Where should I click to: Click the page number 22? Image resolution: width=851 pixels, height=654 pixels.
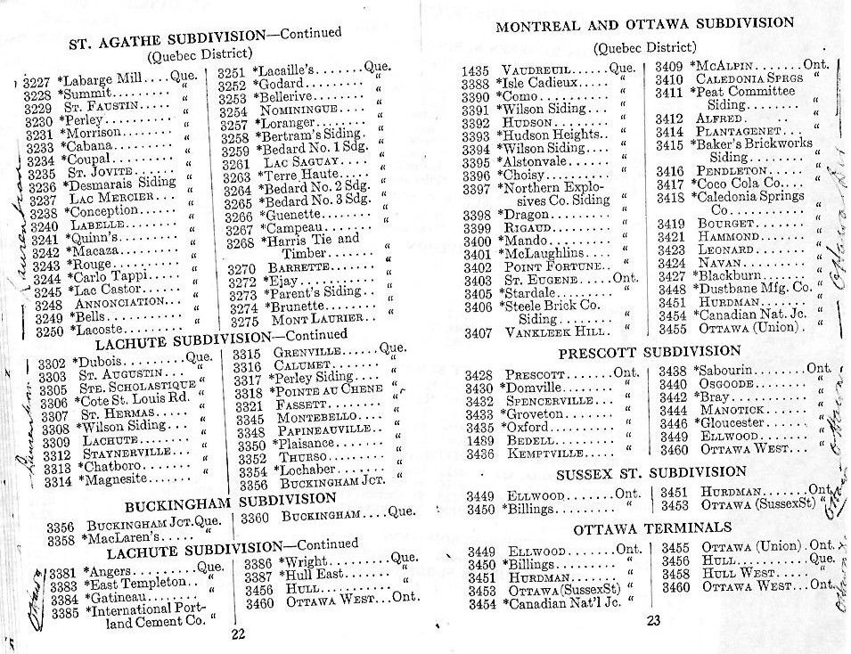pyautogui.click(x=237, y=634)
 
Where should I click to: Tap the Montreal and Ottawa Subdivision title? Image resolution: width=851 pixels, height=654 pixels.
pyautogui.click(x=644, y=24)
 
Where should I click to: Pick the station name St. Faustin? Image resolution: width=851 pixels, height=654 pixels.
pyautogui.click(x=117, y=106)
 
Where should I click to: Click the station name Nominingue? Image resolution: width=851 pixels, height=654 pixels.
pyautogui.click(x=304, y=112)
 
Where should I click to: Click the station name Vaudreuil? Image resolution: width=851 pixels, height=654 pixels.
pyautogui.click(x=540, y=69)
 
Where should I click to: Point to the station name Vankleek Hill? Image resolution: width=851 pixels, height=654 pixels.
pyautogui.click(x=544, y=332)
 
